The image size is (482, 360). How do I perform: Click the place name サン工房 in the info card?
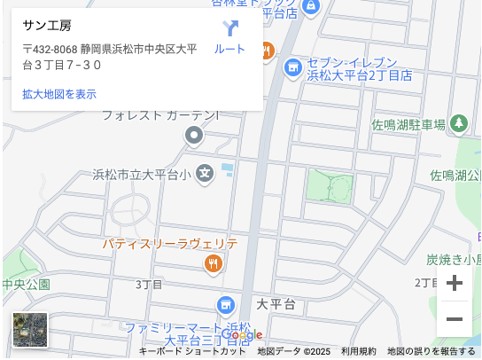(x=47, y=25)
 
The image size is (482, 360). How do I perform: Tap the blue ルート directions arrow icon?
(x=230, y=28)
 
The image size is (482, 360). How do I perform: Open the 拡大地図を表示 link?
(x=59, y=94)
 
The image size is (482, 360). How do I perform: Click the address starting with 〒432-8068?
(x=111, y=57)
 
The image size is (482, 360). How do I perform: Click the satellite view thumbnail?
(x=30, y=330)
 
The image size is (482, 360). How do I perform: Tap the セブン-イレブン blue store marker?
(x=293, y=67)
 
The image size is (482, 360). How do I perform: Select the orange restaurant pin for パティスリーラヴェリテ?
(x=213, y=262)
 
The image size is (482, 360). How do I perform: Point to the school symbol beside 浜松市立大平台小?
(x=206, y=173)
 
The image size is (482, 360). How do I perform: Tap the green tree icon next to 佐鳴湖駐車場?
(x=459, y=123)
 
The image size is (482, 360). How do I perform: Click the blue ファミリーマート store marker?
(x=225, y=306)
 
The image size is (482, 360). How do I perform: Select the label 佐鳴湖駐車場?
(x=408, y=124)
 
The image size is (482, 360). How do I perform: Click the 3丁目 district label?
(x=149, y=285)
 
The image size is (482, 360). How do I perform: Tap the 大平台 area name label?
(x=276, y=304)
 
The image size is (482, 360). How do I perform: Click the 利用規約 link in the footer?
(x=359, y=352)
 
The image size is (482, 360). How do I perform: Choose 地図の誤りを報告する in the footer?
(x=431, y=352)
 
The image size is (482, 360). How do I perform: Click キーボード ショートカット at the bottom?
(x=192, y=352)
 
